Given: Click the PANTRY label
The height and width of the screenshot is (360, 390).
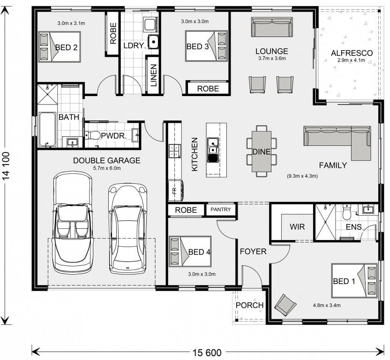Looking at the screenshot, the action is click(x=221, y=210).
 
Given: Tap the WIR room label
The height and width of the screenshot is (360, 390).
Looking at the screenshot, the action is click(x=297, y=227).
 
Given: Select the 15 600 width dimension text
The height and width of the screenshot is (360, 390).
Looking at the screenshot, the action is click(x=207, y=352).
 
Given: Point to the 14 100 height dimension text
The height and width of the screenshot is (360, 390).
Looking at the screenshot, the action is click(x=7, y=165).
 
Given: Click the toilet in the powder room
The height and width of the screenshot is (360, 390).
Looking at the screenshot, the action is click(x=92, y=135).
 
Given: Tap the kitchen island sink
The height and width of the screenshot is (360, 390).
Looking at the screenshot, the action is click(x=213, y=146).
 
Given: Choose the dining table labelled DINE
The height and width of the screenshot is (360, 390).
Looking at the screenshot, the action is click(x=262, y=151).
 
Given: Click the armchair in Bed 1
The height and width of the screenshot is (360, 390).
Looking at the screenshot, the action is click(x=285, y=305).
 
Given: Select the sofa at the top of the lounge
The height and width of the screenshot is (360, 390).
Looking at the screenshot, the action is click(x=271, y=27).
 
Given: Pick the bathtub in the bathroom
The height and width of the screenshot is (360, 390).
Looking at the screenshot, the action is click(x=47, y=129).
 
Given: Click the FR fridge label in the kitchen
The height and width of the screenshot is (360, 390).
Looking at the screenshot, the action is click(x=174, y=191).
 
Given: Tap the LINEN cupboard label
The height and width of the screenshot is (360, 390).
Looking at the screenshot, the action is click(x=154, y=75).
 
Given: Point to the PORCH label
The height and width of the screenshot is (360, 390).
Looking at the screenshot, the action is click(x=249, y=305).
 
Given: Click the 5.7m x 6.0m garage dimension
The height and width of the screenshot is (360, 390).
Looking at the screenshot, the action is click(x=107, y=168).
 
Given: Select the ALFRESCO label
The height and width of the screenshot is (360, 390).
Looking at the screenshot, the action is click(x=352, y=53).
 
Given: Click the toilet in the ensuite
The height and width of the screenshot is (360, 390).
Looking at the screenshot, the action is click(x=346, y=212).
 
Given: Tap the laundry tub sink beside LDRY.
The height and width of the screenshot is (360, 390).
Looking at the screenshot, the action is click(x=153, y=42).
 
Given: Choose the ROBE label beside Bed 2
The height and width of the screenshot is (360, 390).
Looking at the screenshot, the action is click(x=113, y=34).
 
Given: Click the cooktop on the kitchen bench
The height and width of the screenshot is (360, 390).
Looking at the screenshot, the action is click(x=174, y=151).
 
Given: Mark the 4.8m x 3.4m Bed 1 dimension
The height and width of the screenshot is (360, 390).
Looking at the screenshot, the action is click(x=327, y=305).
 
